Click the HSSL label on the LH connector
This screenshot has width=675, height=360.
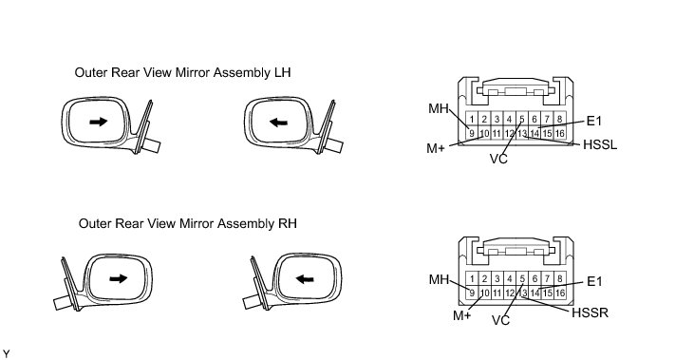click(600, 144)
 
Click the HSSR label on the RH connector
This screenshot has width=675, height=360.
click(590, 313)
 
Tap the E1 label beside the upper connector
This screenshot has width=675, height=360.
click(594, 121)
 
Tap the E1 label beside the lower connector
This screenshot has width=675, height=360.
click(594, 281)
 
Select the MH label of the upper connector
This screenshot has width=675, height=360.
click(439, 108)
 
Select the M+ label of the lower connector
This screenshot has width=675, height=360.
click(461, 315)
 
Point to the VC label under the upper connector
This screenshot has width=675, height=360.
click(498, 159)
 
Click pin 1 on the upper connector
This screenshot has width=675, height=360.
click(472, 119)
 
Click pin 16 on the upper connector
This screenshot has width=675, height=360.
click(559, 134)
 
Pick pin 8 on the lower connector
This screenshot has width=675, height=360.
click(559, 278)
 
